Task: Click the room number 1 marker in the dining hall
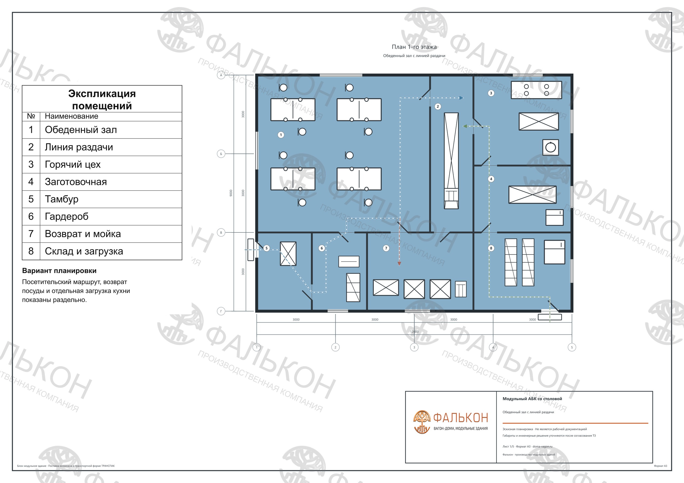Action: (281, 135)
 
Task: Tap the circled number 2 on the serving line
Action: (438, 106)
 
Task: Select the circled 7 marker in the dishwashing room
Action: (386, 248)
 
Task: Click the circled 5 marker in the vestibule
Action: (267, 248)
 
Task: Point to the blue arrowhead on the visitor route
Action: (461, 98)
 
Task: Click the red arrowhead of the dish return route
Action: (399, 264)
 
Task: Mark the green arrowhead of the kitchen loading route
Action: (465, 126)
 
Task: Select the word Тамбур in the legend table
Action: (62, 199)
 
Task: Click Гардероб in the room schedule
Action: (67, 216)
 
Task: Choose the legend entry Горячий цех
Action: (73, 165)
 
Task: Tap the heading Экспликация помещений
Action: (102, 99)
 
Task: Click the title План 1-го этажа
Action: (414, 47)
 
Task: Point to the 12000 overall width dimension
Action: (414, 331)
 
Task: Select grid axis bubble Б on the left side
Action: (221, 154)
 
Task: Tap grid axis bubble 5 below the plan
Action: (572, 347)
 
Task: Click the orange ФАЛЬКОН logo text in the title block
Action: (461, 418)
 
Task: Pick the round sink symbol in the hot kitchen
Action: (550, 147)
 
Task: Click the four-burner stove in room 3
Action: (537, 90)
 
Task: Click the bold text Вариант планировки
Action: (59, 271)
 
